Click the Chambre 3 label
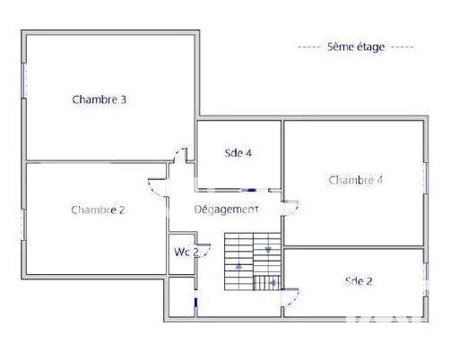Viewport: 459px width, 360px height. (x=99, y=99)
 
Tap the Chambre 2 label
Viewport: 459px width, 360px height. (x=98, y=210)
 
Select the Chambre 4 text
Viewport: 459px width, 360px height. (x=356, y=180)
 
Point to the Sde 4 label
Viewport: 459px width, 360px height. (x=238, y=152)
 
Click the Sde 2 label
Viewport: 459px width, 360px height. (x=359, y=280)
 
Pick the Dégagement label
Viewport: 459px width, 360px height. (x=227, y=209)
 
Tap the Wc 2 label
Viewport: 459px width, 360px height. (x=186, y=252)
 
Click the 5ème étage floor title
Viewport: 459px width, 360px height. (x=355, y=47)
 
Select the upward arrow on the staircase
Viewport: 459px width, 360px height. (x=238, y=266)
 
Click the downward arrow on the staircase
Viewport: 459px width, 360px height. (x=268, y=250)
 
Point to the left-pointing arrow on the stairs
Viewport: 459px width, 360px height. (x=273, y=284)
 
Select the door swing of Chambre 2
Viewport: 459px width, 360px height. (x=156, y=185)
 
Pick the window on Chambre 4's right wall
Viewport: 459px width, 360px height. (x=426, y=176)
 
